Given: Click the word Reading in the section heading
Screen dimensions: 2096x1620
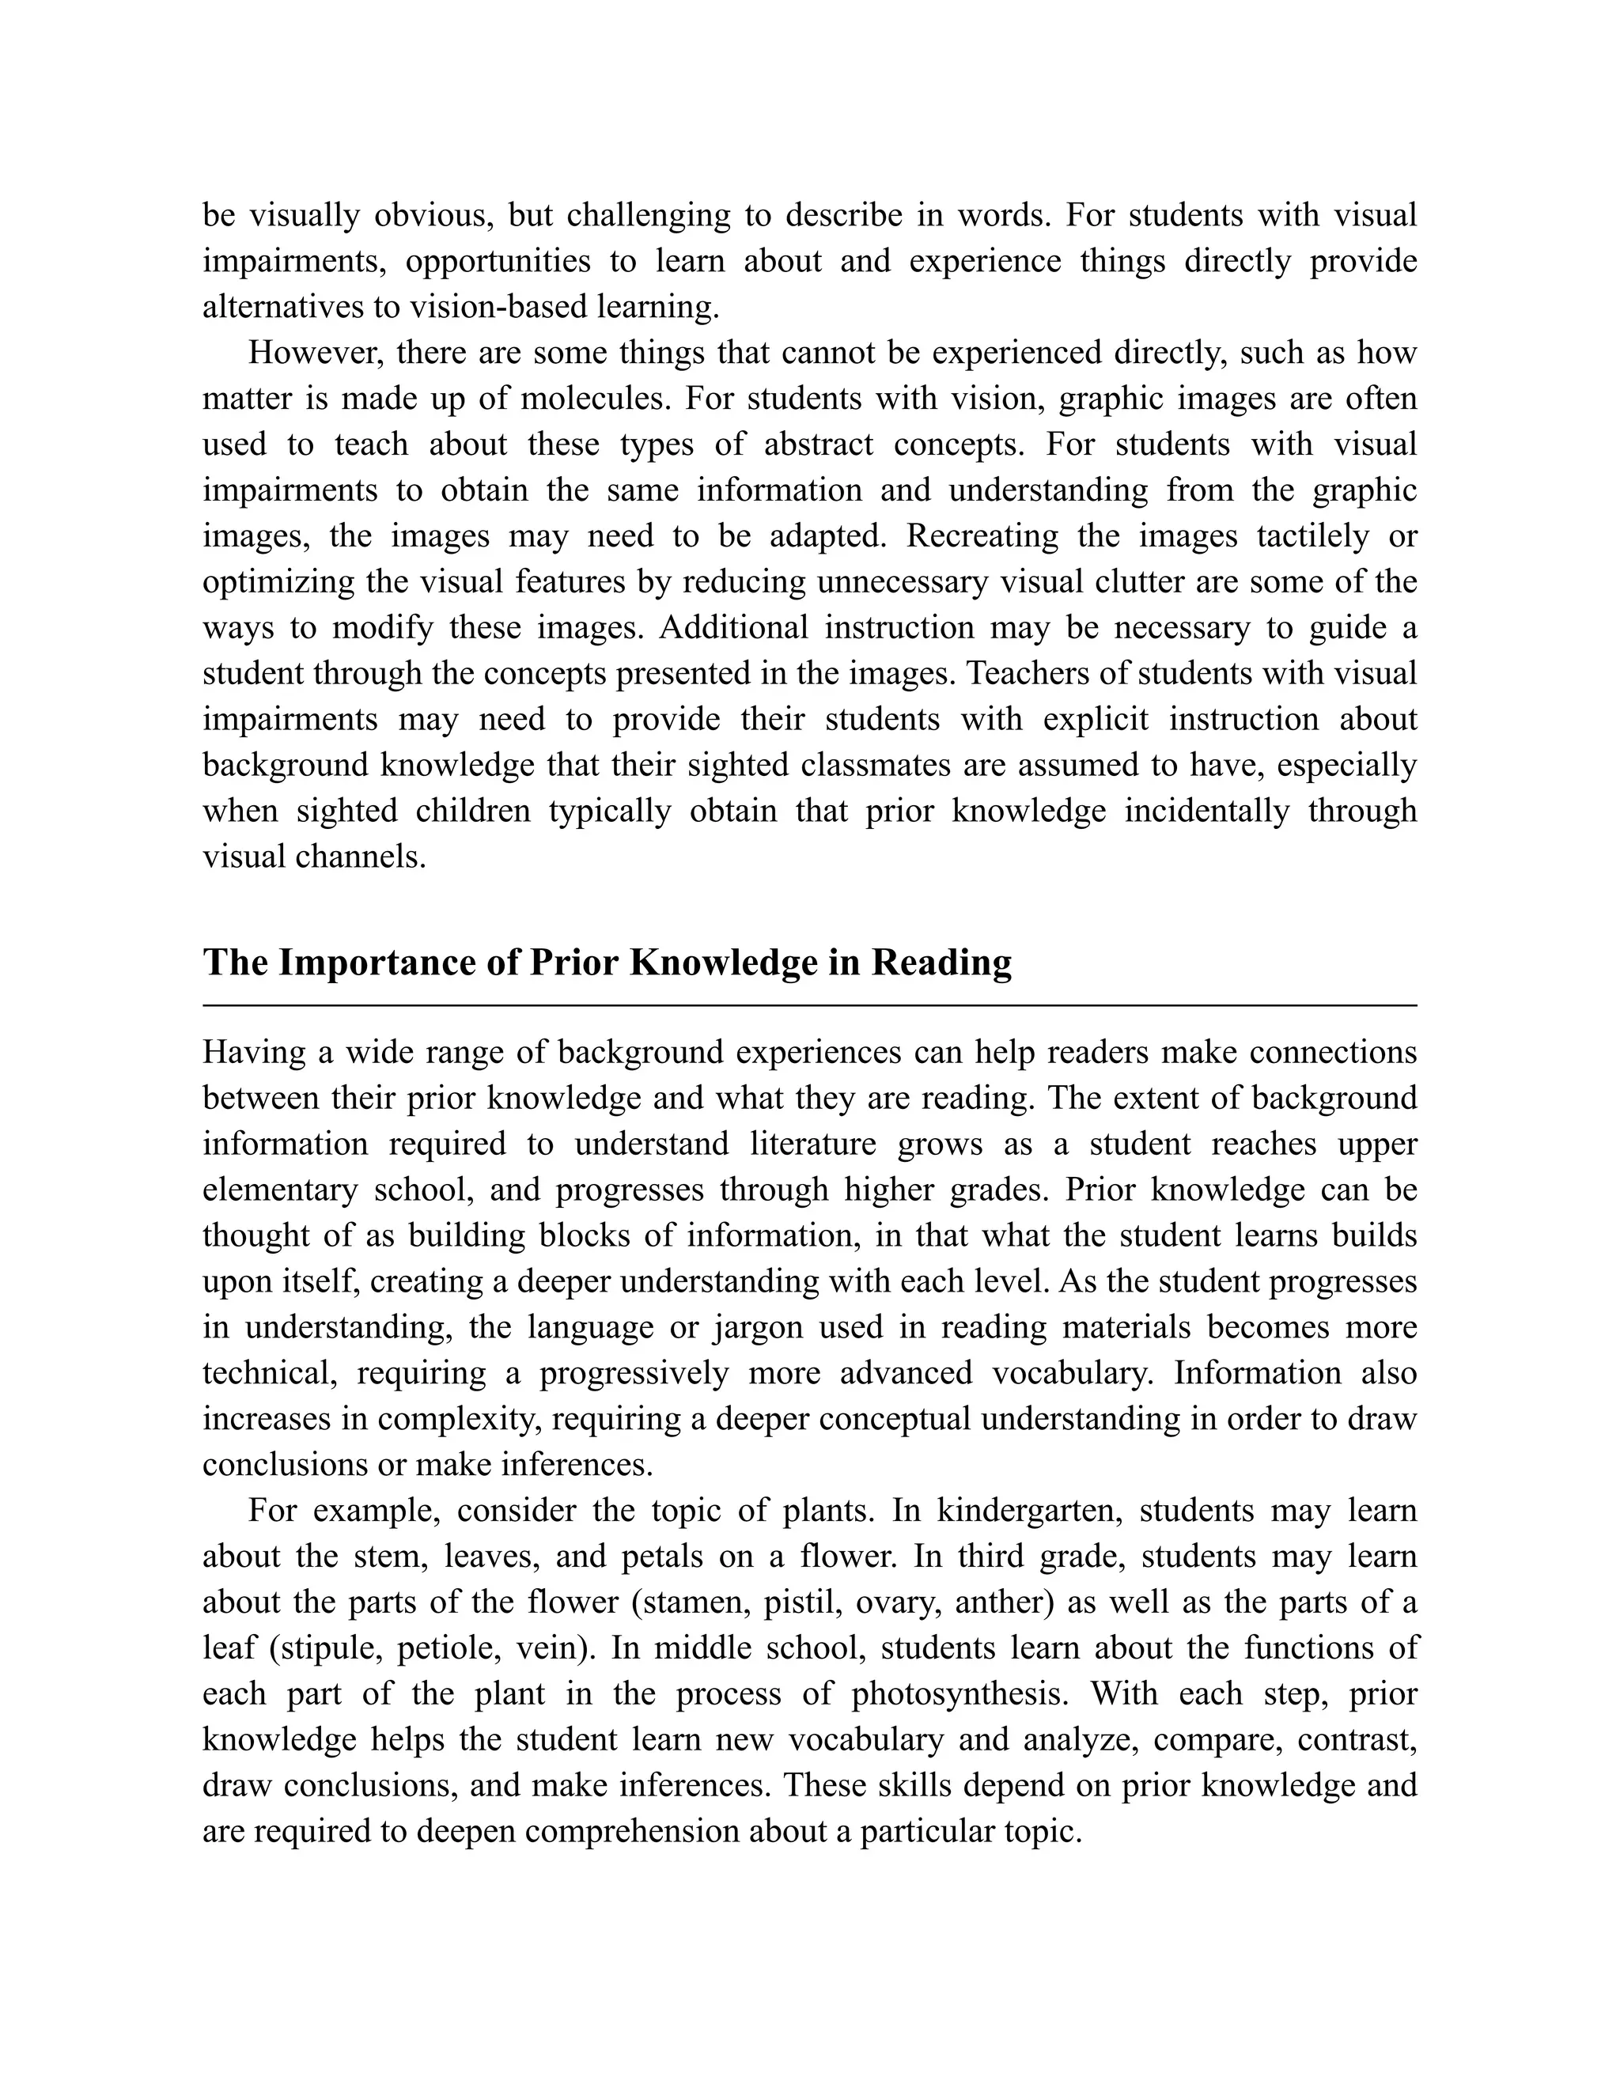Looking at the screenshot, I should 941,963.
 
